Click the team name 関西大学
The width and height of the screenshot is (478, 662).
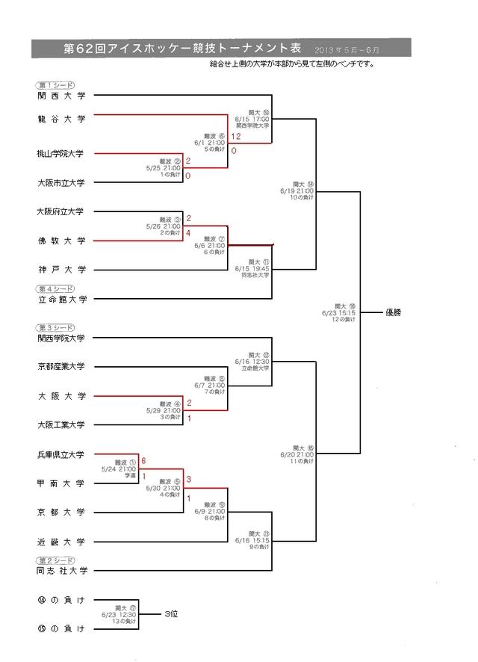[61, 96]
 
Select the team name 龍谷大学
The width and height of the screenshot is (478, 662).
[61, 119]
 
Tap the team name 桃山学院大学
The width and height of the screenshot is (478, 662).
[60, 154]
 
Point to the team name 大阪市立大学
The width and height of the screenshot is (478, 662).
[60, 182]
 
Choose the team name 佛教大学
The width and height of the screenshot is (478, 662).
[61, 241]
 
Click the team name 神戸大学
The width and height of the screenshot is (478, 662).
[61, 269]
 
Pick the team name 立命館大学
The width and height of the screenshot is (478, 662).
[62, 299]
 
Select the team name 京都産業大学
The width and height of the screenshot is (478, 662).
[60, 366]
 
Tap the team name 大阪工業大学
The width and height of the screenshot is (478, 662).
[60, 424]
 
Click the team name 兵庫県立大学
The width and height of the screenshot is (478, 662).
[60, 454]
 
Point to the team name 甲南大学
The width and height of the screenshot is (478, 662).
[61, 483]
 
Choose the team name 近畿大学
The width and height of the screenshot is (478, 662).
[61, 542]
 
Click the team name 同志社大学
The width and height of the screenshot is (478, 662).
[62, 571]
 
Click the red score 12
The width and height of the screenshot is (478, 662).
[236, 137]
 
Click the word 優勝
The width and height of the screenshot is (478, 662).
[394, 312]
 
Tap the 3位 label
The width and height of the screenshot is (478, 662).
[171, 613]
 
